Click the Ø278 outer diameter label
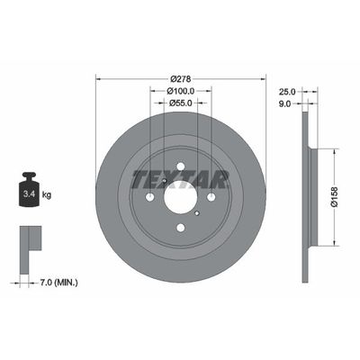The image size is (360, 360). coord(180,78)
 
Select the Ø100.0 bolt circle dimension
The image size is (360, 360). coord(180,91)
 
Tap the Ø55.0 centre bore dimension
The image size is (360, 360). coord(180,103)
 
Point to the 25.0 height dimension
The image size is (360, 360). coord(287,92)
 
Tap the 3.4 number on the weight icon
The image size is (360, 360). coord(27,192)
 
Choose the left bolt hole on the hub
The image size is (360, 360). coord(148,197)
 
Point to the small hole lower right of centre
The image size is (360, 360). coord(198,215)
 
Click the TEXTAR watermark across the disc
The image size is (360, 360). coord(180,178)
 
